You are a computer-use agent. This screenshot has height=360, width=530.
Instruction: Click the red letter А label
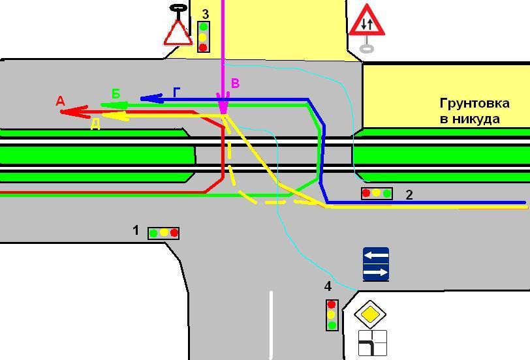click(x=60, y=101)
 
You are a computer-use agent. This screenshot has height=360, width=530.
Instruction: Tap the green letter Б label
click(x=116, y=93)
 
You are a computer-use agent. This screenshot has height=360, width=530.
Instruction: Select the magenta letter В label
click(x=235, y=83)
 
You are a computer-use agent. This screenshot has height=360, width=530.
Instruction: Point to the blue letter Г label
click(x=176, y=92)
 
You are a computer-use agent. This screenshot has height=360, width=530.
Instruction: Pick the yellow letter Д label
click(x=96, y=125)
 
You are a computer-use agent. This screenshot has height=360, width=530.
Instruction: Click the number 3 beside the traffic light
click(x=205, y=14)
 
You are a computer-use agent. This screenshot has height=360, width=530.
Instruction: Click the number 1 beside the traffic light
click(x=136, y=230)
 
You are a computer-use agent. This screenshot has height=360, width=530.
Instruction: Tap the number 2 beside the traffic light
click(x=409, y=195)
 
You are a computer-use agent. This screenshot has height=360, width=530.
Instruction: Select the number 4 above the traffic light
click(x=328, y=286)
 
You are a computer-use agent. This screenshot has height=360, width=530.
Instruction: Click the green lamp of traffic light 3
click(x=204, y=27)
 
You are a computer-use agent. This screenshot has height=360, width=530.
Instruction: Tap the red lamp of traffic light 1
click(x=174, y=233)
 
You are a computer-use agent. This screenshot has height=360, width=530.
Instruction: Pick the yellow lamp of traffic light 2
click(x=377, y=194)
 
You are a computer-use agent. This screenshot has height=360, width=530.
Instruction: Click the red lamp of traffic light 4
click(x=332, y=305)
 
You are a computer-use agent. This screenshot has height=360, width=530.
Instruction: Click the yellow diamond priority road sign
click(x=370, y=314)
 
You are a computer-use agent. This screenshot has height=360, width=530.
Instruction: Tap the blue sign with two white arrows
click(x=376, y=264)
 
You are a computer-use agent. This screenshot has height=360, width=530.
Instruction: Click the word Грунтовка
click(x=475, y=103)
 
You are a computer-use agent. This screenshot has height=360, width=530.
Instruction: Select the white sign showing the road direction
click(x=372, y=343)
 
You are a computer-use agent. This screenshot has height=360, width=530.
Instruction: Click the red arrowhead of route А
click(x=74, y=112)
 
